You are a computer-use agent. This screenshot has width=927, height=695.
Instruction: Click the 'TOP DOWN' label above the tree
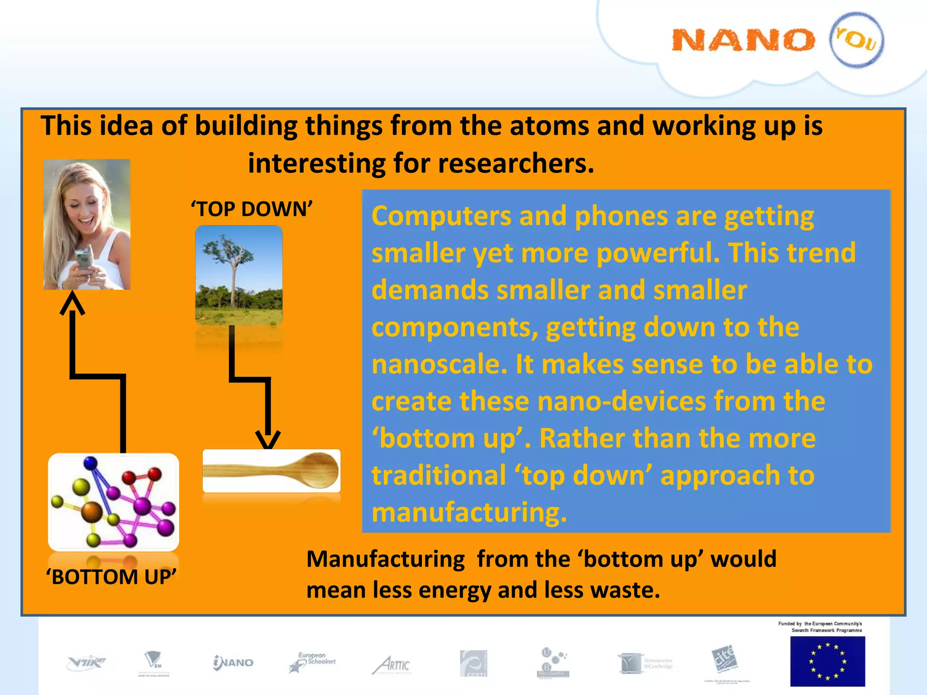pos(252,209)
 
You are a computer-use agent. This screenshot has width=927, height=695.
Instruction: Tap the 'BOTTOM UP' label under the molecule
pos(111,577)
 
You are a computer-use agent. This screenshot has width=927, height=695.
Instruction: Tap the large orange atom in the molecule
pos(92,511)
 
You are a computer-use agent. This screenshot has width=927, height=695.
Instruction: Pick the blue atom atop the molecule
pos(91,463)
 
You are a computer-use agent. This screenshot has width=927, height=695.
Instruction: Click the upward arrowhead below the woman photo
pos(72,302)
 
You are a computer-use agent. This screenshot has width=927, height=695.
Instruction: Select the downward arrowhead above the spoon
pos(268,439)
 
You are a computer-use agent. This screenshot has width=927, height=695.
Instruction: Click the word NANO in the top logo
pos(743,40)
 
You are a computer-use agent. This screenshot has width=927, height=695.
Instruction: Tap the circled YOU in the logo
pos(856,40)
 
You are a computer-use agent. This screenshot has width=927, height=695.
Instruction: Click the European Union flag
pos(827,661)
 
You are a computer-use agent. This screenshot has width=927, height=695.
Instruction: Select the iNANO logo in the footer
pos(233,663)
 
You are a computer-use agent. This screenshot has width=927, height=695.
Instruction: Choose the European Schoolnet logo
pos(312,662)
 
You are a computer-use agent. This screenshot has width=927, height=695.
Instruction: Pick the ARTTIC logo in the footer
pos(392,665)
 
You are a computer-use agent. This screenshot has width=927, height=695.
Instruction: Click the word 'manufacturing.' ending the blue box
pos(469,512)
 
